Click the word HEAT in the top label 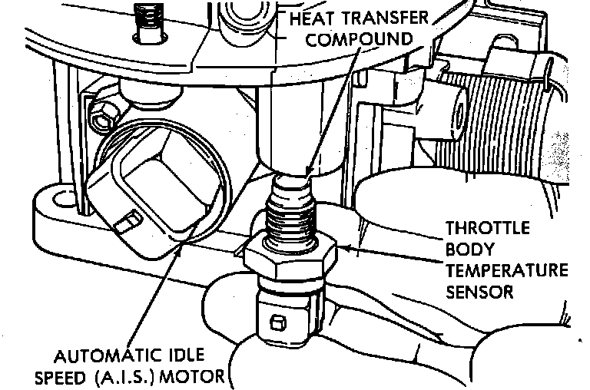coord(311,17)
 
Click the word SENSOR coord(480,292)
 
